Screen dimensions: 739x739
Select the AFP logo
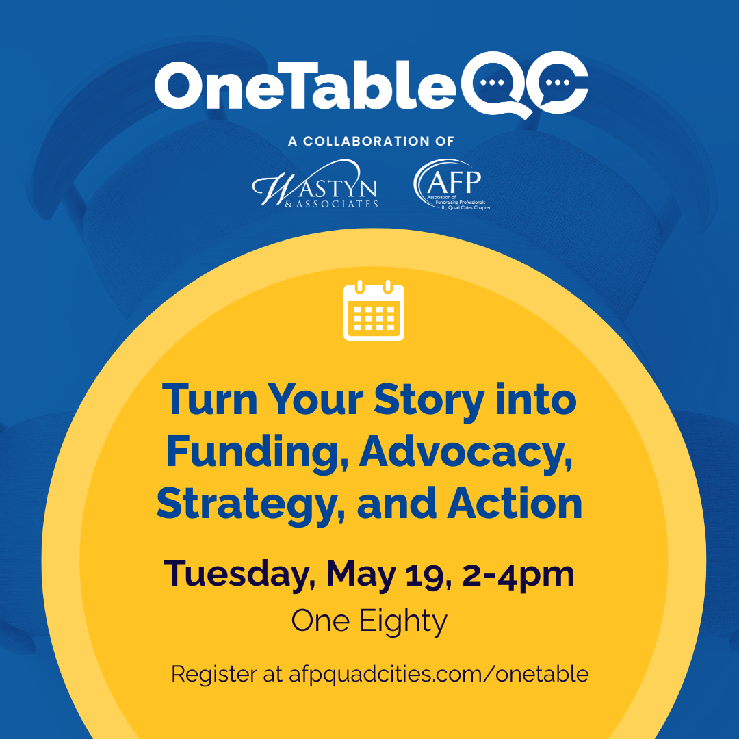(x=452, y=184)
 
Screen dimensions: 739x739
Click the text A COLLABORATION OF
(x=371, y=142)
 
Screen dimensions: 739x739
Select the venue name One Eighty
(x=369, y=621)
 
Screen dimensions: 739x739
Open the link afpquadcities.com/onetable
(x=438, y=673)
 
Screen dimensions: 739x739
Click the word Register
(x=213, y=673)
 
